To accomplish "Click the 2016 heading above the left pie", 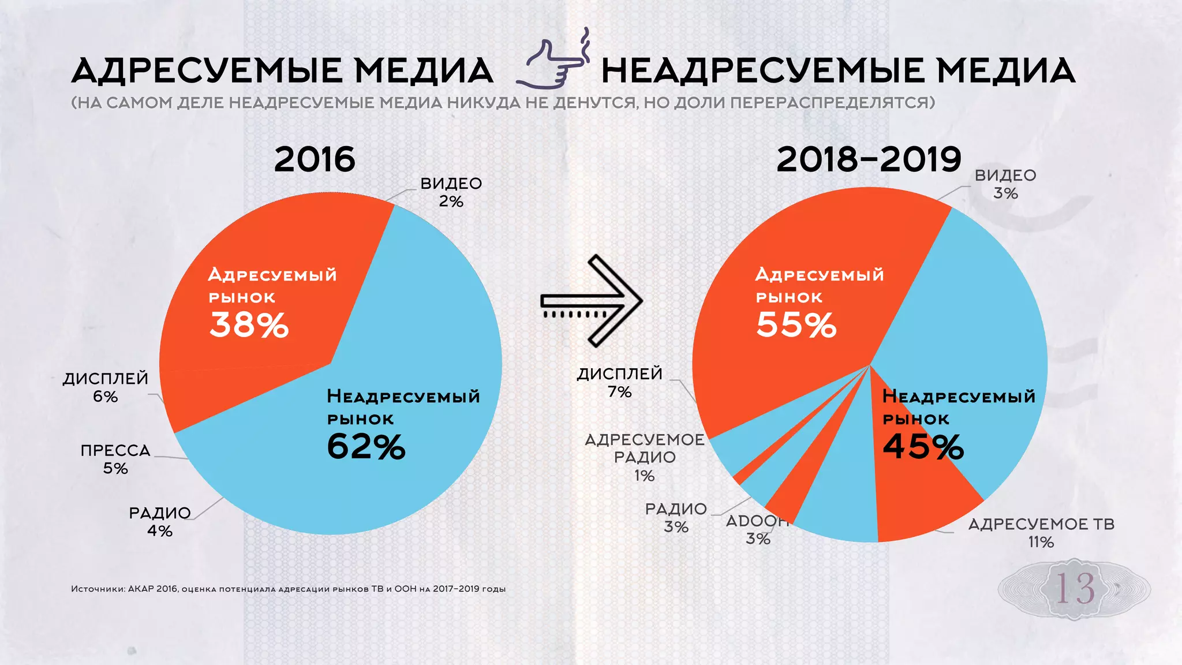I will [x=315, y=159].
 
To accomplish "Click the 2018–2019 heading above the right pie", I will [x=869, y=159].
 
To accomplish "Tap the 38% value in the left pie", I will [x=249, y=324].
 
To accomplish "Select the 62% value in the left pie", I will [x=366, y=446].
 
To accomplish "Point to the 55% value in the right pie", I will [x=796, y=324].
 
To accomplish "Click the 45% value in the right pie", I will [x=923, y=446].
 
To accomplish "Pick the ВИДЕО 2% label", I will [x=451, y=192].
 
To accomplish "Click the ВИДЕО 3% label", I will [x=1005, y=184].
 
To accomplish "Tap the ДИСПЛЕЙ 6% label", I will [x=106, y=387].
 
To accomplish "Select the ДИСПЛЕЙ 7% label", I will [x=620, y=383].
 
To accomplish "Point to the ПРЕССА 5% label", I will [x=115, y=459].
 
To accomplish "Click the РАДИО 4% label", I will [x=160, y=521].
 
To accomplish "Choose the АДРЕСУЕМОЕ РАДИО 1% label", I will [x=645, y=457].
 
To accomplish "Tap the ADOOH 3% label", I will [x=757, y=529].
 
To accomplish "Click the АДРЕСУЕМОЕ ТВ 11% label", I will [x=1041, y=533].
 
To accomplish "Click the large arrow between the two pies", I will [x=592, y=301].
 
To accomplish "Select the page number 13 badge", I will [x=1074, y=589].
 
